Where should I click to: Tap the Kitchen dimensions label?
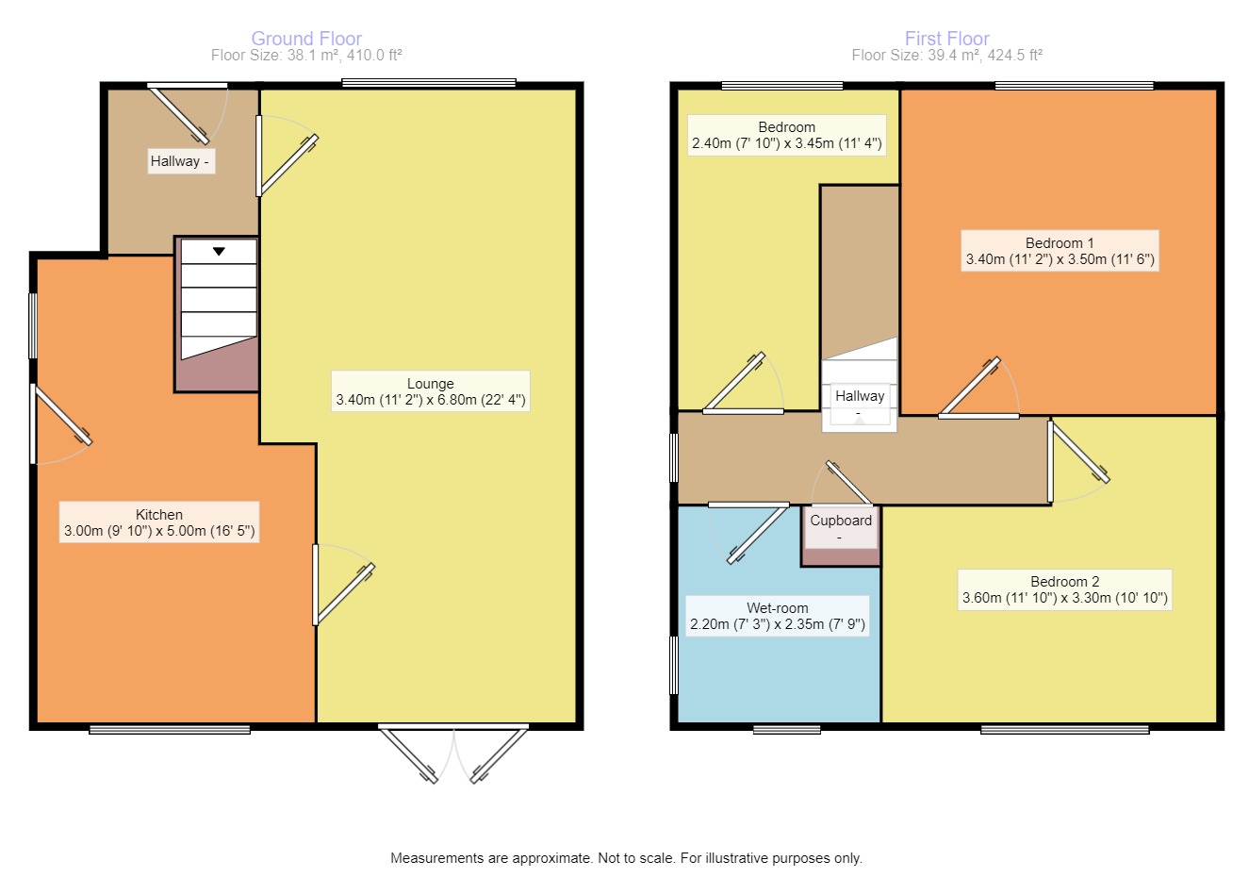158,531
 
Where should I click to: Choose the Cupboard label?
841,521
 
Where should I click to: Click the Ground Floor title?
306,39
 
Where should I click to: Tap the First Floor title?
946,39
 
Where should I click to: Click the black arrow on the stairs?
219,252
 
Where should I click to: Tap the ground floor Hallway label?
180,161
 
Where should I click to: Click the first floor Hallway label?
859,397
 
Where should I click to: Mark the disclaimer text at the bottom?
626,858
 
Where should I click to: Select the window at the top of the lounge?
429,84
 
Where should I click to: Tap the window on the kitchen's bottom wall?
170,729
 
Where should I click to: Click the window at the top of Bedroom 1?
1074,86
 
